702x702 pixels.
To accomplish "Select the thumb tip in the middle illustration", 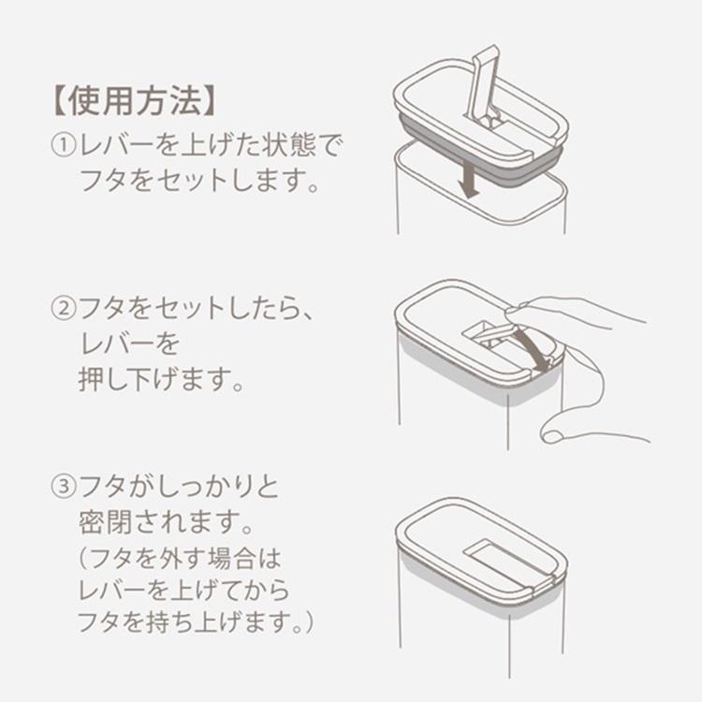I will [554, 431].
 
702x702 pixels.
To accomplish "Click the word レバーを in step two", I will [128, 344].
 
